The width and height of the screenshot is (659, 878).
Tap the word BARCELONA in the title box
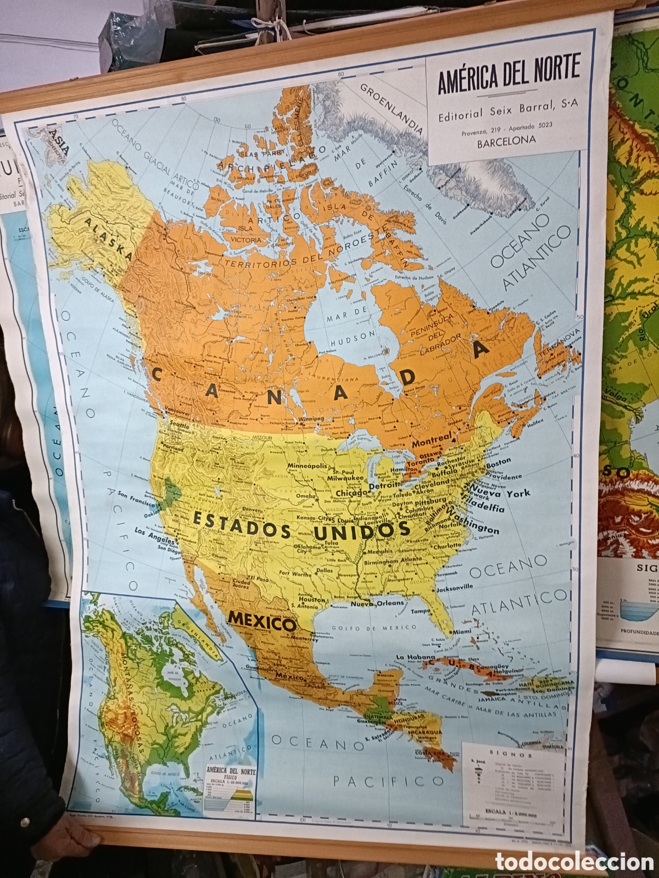click(x=506, y=141)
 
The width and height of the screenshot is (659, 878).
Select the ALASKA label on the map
click(x=109, y=237)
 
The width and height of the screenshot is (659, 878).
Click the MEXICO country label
click(x=262, y=622)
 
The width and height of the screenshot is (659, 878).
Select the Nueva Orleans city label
click(x=377, y=603)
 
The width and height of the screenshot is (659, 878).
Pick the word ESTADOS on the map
click(x=242, y=524)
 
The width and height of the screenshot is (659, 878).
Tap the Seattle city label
click(x=179, y=425)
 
